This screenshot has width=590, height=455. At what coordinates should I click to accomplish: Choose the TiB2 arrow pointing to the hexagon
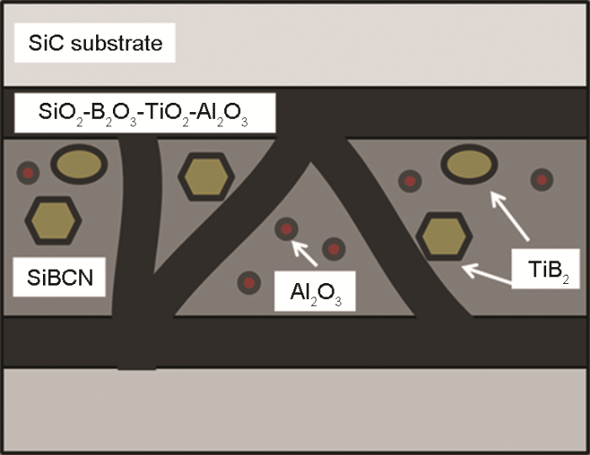(x=488, y=275)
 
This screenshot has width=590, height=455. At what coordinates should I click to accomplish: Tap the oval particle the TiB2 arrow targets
(x=468, y=166)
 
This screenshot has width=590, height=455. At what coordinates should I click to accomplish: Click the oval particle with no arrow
(x=78, y=164)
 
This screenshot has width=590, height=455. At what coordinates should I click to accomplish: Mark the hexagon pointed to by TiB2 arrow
(x=443, y=237)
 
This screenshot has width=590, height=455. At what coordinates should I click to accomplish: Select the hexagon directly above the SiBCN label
(x=53, y=221)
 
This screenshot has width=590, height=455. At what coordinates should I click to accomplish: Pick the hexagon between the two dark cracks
(x=205, y=176)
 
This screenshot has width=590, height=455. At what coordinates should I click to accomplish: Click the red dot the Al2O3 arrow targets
(x=287, y=228)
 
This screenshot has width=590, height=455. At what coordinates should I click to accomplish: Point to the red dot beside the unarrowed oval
(x=29, y=173)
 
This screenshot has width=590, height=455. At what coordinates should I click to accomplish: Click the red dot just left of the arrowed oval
(x=410, y=179)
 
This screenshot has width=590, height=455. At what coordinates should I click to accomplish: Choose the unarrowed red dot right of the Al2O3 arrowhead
(x=334, y=249)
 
